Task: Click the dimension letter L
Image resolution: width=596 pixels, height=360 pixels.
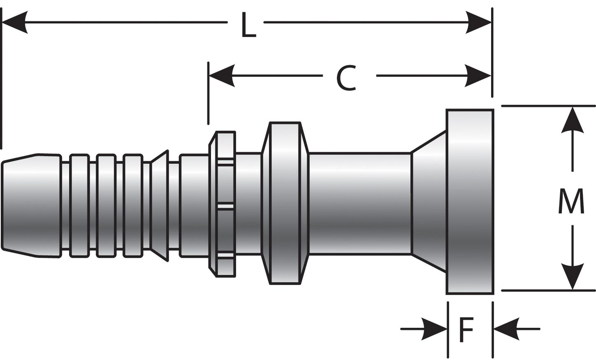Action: click(248, 26)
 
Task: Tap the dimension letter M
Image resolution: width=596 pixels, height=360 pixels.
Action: click(571, 201)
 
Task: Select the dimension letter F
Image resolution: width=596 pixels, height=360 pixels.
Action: click(466, 330)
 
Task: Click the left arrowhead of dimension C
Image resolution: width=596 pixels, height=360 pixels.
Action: click(222, 76)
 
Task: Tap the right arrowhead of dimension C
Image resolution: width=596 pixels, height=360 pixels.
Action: click(478, 76)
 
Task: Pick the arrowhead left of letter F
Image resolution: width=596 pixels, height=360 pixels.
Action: click(434, 329)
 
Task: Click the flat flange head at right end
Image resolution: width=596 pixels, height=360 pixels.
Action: click(470, 202)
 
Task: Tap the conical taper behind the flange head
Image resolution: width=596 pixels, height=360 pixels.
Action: click(429, 202)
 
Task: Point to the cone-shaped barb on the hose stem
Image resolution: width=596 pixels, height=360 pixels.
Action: click(160, 205)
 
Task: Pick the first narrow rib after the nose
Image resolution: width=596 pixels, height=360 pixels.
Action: click(79, 205)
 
